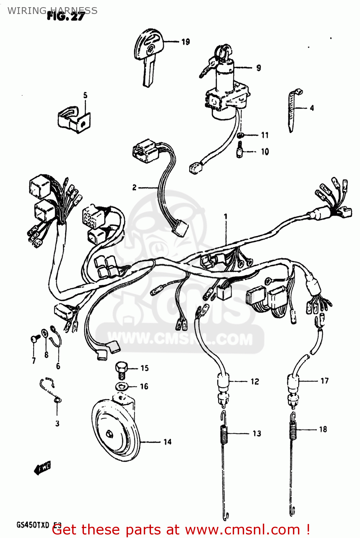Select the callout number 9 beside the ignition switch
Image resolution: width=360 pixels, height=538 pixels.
pyautogui.click(x=259, y=68)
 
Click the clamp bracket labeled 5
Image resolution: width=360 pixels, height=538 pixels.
pyautogui.click(x=74, y=119)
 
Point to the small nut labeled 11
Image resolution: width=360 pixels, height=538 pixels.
pyautogui.click(x=241, y=135)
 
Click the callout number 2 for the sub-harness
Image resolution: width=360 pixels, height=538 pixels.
pyautogui.click(x=134, y=187)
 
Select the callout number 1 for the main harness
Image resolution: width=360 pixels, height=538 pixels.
pyautogui.click(x=226, y=217)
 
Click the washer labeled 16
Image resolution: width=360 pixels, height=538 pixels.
pyautogui.click(x=122, y=386)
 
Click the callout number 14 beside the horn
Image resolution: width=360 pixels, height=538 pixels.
pyautogui.click(x=167, y=442)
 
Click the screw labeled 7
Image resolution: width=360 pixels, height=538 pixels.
pyautogui.click(x=34, y=339)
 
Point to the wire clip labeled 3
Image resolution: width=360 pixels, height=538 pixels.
pyautogui.click(x=50, y=389)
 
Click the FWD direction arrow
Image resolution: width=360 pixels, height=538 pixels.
pyautogui.click(x=43, y=468)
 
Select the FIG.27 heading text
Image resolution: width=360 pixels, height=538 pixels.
pyautogui.click(x=66, y=16)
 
